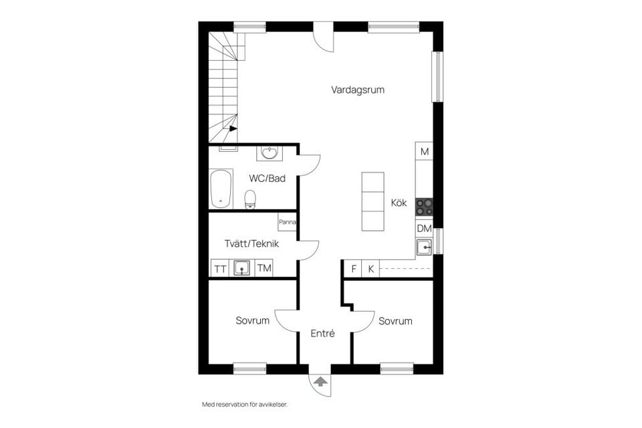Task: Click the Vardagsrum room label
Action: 358,90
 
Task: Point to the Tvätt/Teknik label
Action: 251,244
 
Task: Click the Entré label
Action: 322,333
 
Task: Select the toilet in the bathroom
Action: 250,197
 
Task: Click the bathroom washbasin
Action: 270,154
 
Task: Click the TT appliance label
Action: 220,269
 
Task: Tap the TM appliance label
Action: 265,269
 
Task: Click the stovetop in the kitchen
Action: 424,207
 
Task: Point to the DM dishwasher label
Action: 424,229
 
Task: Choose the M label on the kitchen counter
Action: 424,152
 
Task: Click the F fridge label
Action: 352,270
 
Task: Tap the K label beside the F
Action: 370,270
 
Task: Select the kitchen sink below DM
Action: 424,247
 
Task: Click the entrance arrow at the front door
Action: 321,382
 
